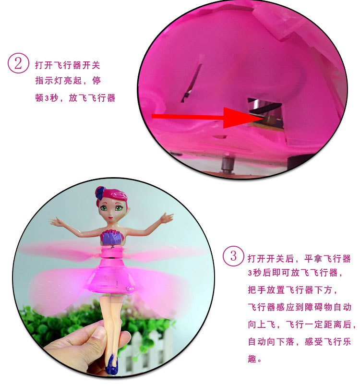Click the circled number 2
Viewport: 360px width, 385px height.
18,63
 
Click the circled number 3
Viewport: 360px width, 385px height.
233,255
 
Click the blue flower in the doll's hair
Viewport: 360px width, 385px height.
100,192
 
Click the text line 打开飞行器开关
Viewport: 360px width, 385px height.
68,65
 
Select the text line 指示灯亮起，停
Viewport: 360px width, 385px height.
68,82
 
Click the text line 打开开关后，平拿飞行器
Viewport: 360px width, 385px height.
299,259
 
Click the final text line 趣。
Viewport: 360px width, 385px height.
255,358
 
